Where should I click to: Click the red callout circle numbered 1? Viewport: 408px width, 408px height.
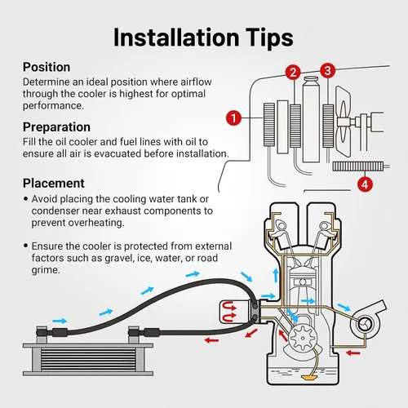(x=233, y=118)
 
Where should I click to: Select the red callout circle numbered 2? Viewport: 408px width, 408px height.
(x=293, y=73)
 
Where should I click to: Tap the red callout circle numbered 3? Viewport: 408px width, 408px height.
(x=327, y=71)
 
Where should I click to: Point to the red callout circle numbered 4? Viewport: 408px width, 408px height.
(x=365, y=184)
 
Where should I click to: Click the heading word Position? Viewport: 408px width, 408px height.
(x=47, y=67)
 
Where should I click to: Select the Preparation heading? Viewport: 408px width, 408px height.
(x=56, y=127)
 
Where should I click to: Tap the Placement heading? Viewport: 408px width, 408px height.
(x=54, y=183)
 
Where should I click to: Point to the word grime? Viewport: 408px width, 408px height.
(x=46, y=270)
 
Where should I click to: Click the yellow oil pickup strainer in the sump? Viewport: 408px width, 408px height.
(x=309, y=377)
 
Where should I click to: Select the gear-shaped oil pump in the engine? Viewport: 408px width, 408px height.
(x=303, y=338)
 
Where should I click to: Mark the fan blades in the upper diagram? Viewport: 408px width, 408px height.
(x=343, y=122)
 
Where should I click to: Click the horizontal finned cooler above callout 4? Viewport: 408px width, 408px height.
(x=358, y=166)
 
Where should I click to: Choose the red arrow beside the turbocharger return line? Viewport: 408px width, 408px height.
(x=353, y=353)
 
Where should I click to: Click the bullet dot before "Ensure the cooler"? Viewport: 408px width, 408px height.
(x=25, y=246)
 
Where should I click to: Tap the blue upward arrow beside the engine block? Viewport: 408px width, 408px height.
(x=276, y=275)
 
